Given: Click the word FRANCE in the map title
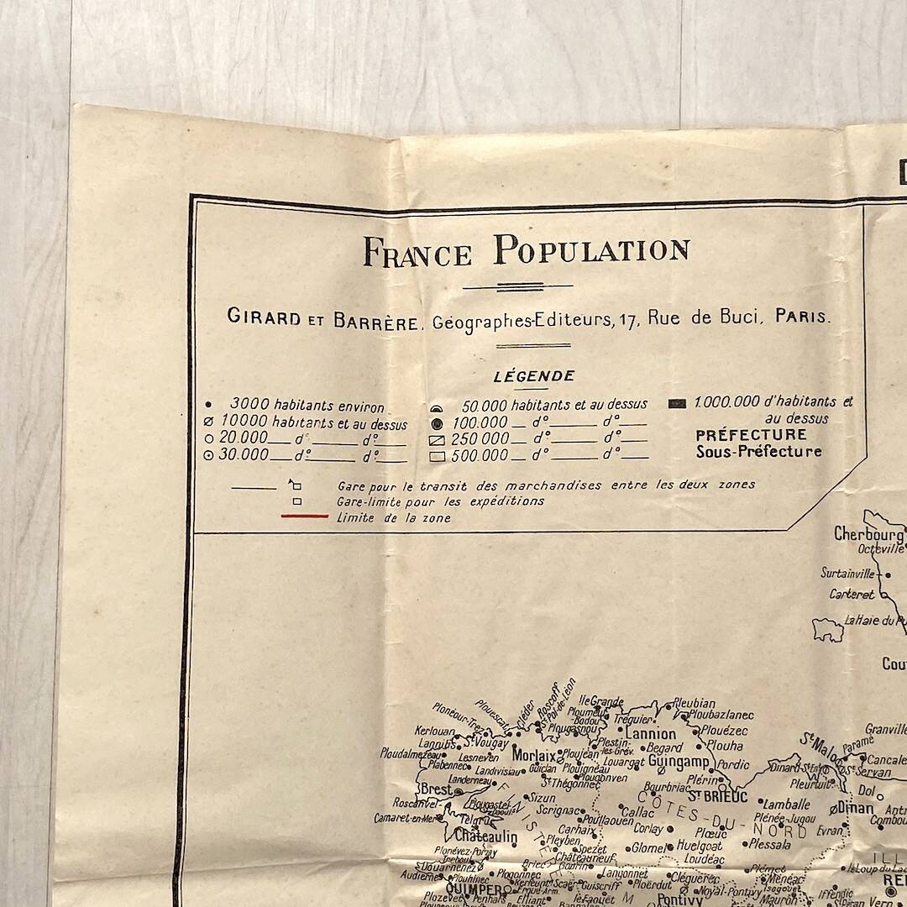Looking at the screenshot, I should (417, 252).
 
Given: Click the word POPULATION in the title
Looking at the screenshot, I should (591, 250).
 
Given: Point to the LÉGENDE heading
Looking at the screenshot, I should (534, 376).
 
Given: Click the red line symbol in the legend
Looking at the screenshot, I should (304, 517).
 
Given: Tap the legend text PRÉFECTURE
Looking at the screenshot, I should (751, 435).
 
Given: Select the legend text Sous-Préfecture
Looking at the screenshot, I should (758, 452).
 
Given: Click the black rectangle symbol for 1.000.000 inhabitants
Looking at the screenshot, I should (677, 404).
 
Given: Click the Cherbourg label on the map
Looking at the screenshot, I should (868, 534).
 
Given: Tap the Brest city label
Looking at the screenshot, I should (435, 789).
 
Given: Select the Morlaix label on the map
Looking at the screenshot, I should (534, 754).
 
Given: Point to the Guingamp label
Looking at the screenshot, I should (679, 762).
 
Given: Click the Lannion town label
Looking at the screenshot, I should (650, 734).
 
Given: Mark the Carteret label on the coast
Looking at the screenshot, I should (852, 594).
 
